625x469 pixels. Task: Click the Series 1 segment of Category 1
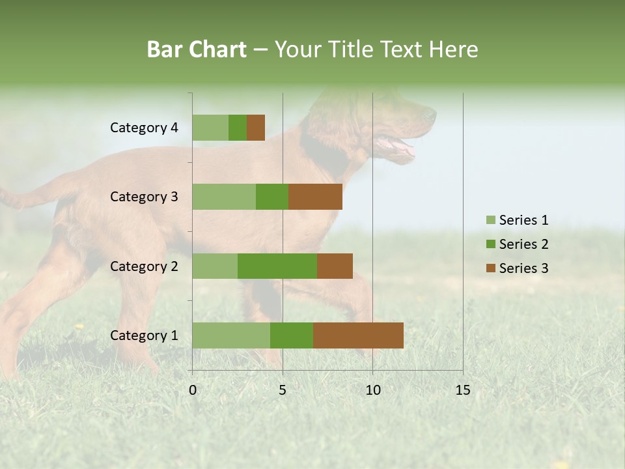tap(231, 335)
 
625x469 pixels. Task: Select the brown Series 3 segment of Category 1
tap(358, 335)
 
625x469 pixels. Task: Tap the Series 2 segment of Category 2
tap(277, 266)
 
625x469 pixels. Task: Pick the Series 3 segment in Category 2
tap(335, 266)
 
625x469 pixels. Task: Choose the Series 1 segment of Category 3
tap(224, 197)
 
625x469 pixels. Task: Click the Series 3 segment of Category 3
tap(315, 197)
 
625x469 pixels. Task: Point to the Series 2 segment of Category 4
tap(238, 128)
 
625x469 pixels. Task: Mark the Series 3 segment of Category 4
tap(256, 128)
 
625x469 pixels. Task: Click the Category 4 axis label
tap(144, 128)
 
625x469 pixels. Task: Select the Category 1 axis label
tap(144, 335)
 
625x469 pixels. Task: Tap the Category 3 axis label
tap(144, 197)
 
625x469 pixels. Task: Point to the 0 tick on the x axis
tap(193, 390)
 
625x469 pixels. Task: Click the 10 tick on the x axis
tap(372, 390)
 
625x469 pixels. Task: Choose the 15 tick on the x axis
tap(462, 390)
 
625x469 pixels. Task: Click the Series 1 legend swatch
tap(490, 220)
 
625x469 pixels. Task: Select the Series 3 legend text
tap(523, 268)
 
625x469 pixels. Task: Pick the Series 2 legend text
tap(523, 244)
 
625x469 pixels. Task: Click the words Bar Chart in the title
tap(197, 50)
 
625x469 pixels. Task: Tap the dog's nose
tap(431, 115)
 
